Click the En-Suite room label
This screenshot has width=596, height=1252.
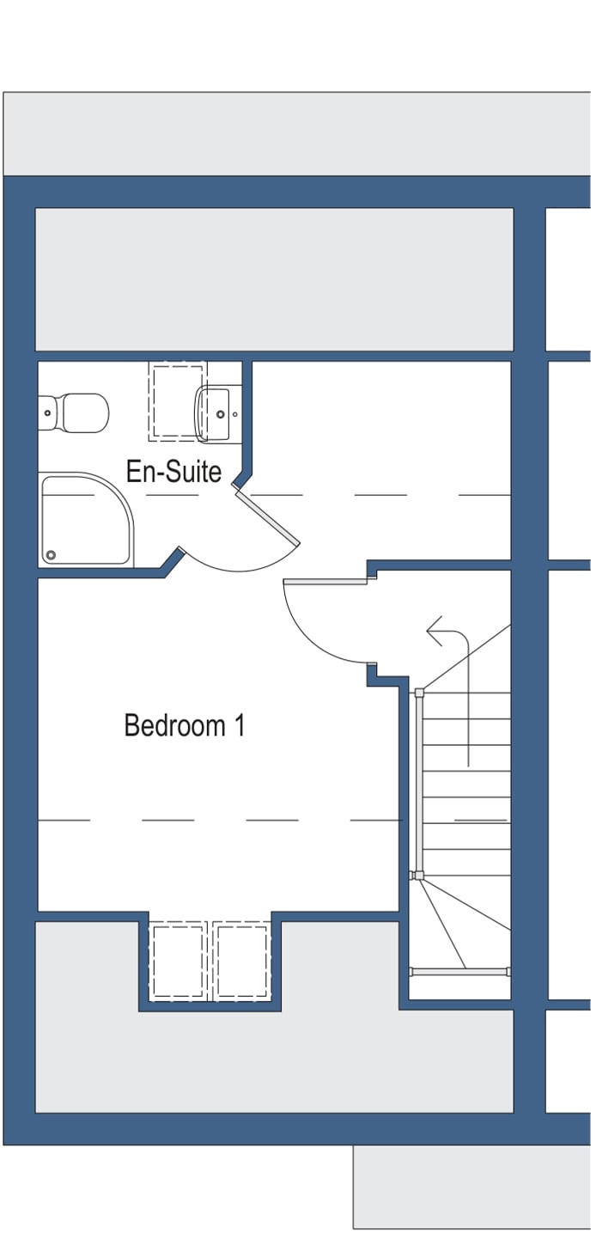click(x=173, y=472)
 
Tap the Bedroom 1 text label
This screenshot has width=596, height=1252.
click(x=184, y=725)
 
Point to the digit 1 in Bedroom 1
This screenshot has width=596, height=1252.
click(x=240, y=725)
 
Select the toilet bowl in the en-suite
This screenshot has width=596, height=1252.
click(x=84, y=413)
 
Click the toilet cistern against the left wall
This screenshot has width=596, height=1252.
click(x=47, y=413)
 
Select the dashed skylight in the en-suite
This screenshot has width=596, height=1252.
click(x=178, y=400)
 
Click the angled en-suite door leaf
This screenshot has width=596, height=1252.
click(x=268, y=518)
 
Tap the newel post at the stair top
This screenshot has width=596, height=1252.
click(x=419, y=693)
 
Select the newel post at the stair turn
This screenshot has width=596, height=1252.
click(x=418, y=876)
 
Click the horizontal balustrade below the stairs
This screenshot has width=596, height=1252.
click(x=459, y=972)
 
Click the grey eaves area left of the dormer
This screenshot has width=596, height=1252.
click(x=86, y=1014)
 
